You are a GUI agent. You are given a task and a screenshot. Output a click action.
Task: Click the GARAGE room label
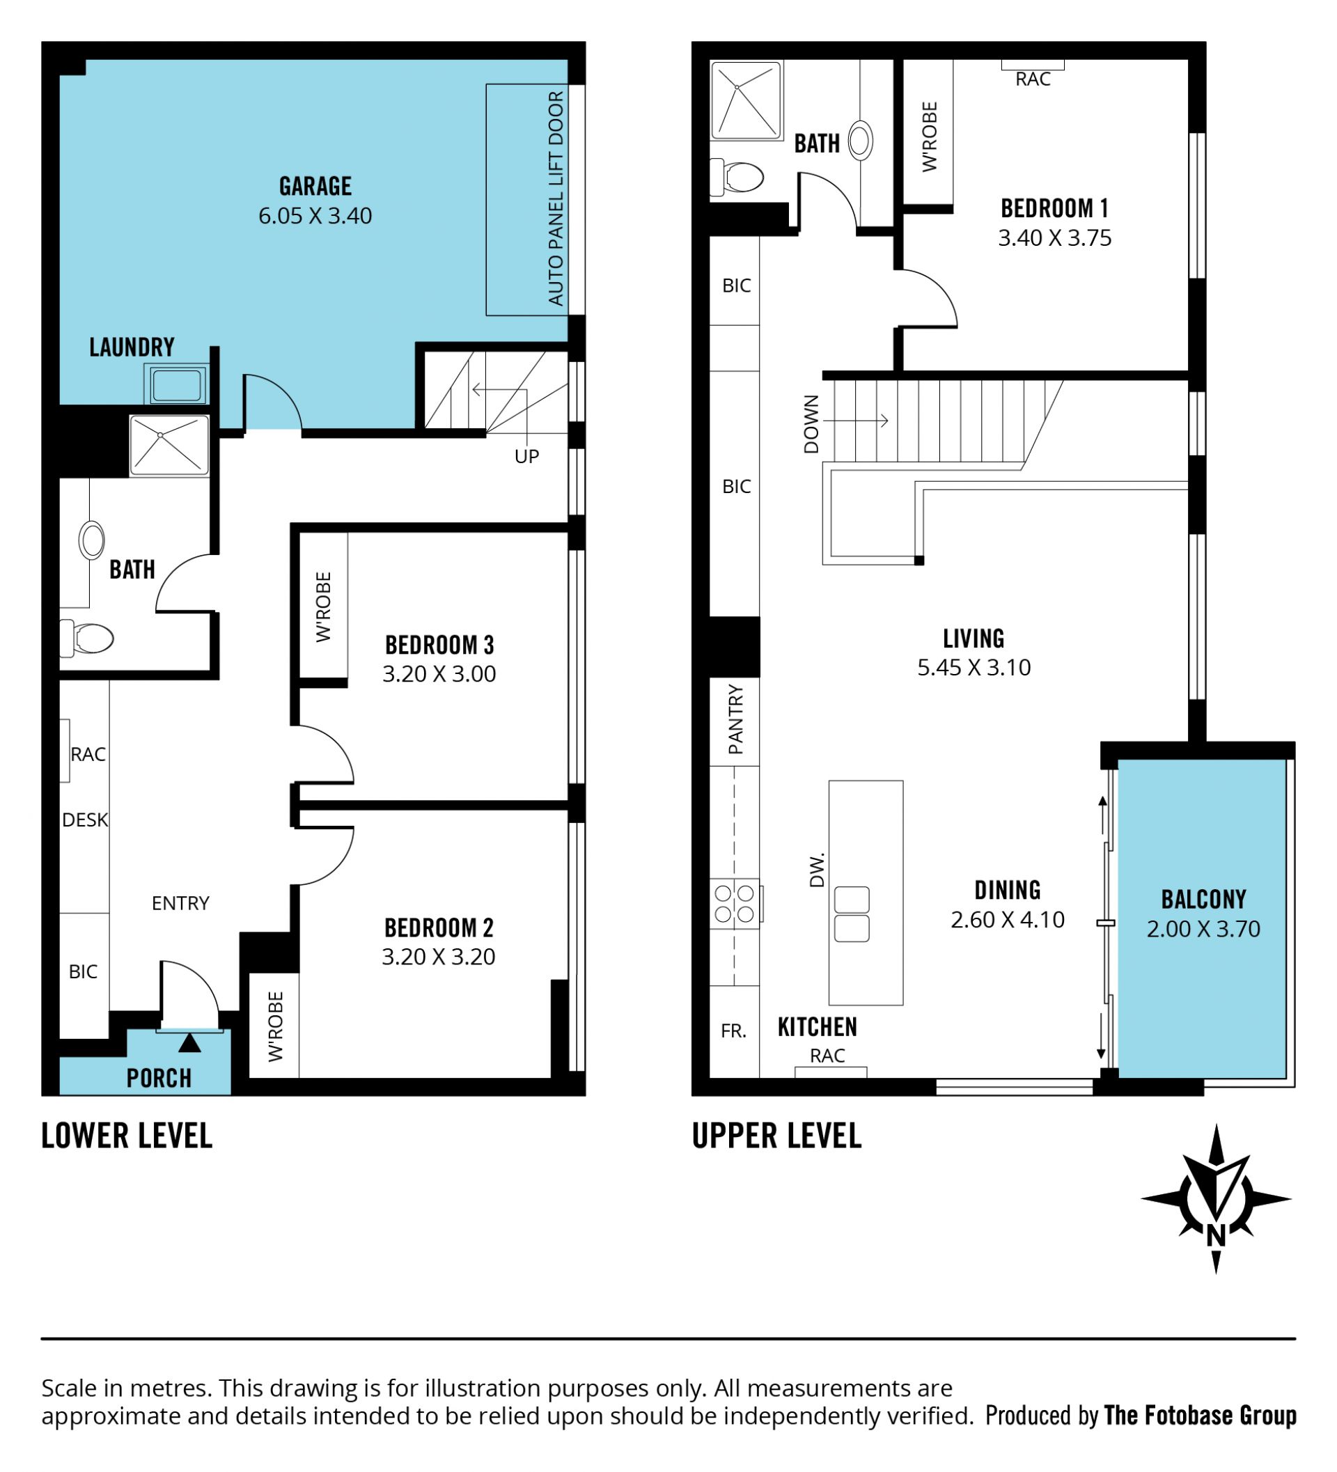tap(315, 186)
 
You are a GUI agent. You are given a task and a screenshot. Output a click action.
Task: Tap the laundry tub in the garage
tap(177, 384)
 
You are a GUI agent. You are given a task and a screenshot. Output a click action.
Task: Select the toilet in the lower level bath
tap(87, 638)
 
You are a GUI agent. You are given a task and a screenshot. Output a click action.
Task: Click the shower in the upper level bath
tap(746, 101)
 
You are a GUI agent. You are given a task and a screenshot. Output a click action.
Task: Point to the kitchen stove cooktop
tap(735, 903)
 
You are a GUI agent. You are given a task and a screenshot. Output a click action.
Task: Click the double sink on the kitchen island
tap(852, 914)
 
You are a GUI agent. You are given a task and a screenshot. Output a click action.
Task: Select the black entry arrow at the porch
tap(190, 1042)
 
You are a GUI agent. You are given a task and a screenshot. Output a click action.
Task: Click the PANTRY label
tap(736, 719)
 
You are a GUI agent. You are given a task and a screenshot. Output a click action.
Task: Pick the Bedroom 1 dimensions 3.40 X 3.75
tap(1054, 238)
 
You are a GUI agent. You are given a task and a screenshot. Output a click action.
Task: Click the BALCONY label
tap(1203, 899)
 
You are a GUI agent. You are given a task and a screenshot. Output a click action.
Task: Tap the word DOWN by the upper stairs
tap(811, 424)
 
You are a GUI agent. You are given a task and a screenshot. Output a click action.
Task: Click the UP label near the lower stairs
tap(526, 456)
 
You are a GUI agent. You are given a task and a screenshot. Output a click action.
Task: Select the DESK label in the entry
tap(85, 820)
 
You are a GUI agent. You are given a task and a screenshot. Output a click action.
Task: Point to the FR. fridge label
tap(733, 1031)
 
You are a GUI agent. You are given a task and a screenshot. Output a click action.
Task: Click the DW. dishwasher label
tap(817, 869)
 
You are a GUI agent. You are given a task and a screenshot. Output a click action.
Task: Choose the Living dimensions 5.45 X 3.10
tap(974, 667)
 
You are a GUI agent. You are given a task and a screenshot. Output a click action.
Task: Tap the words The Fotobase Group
tap(1200, 1415)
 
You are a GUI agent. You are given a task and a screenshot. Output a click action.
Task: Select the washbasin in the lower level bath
tap(92, 540)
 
